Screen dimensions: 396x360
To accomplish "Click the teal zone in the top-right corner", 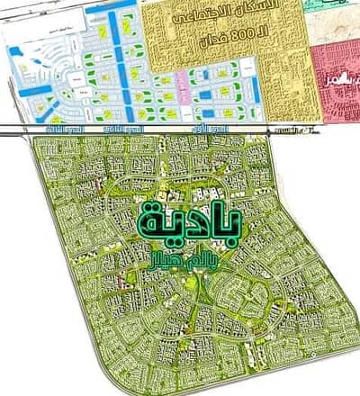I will (343, 5).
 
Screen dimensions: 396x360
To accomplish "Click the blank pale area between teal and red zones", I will (334, 23).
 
